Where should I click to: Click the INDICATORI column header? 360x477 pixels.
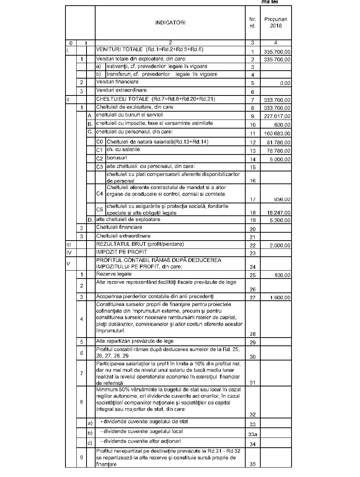point(170,23)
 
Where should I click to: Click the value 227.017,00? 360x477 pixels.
point(277,117)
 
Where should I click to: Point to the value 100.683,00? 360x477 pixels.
point(277,134)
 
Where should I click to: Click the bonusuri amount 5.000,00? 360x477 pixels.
point(279,159)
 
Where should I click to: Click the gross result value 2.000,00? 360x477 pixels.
point(280,245)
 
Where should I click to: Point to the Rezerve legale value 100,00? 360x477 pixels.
point(282,276)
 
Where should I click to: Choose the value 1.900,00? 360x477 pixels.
point(280,298)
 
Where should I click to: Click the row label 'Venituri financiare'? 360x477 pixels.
point(117,82)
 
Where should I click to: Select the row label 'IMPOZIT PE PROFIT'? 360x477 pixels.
point(122,252)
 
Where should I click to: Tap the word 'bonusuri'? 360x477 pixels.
point(117,158)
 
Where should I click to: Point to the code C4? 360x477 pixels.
point(99,194)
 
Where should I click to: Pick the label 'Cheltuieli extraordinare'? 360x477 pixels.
point(123,236)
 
